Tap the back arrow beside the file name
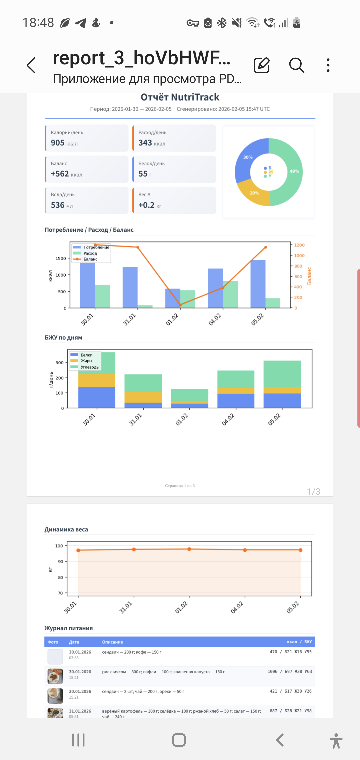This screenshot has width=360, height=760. point(31,65)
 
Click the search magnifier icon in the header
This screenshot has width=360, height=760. point(296,65)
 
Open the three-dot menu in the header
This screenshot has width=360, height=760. point(328,65)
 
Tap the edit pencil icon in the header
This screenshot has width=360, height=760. point(262,65)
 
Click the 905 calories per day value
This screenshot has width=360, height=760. point(58,143)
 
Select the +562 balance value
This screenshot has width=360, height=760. point(60,174)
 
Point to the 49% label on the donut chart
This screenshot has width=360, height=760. point(294,171)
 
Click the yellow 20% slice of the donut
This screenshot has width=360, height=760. point(255,193)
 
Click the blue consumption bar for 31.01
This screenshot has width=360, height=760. point(130,287)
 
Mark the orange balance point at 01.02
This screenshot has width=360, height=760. point(180,305)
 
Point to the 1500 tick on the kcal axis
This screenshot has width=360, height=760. point(61,258)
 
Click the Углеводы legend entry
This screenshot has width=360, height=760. point(90,367)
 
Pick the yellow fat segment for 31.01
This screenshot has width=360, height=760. point(143,397)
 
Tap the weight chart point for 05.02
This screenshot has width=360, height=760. point(300,550)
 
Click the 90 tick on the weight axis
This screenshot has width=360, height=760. point(61,562)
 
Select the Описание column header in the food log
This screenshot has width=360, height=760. point(112,642)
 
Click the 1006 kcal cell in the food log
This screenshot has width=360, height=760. point(272,671)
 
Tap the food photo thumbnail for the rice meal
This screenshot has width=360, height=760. point(55,676)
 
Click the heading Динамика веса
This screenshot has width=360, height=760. point(66,529)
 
